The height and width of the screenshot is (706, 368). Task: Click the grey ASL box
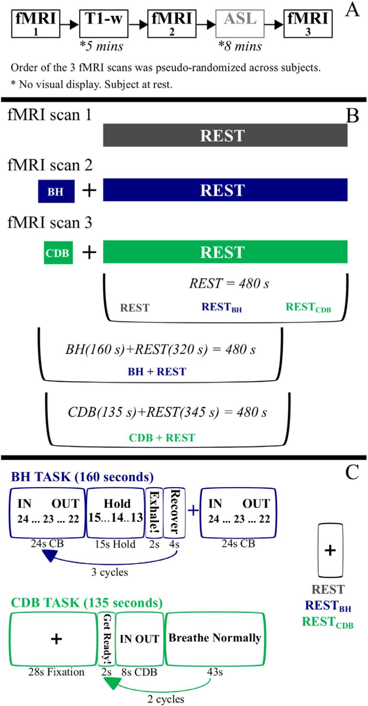pyautogui.click(x=240, y=24)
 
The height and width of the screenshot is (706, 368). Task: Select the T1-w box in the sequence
pyautogui.click(x=103, y=24)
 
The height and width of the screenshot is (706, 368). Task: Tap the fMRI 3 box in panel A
pyautogui.click(x=308, y=24)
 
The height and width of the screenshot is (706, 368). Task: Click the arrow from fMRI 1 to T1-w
pyautogui.click(x=69, y=24)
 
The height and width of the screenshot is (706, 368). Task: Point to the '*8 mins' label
pyautogui.click(x=240, y=46)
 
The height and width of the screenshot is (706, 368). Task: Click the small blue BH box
pyautogui.click(x=56, y=191)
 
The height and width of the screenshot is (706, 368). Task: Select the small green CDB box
pyautogui.click(x=58, y=253)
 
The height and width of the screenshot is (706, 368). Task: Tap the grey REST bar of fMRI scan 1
pyautogui.click(x=225, y=135)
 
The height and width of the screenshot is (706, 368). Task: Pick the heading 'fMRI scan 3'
pyautogui.click(x=50, y=222)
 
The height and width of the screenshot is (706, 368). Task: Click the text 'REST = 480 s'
pyautogui.click(x=229, y=283)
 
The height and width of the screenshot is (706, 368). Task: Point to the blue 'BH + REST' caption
pyautogui.click(x=157, y=371)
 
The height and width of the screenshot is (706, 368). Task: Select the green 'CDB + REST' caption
pyautogui.click(x=162, y=437)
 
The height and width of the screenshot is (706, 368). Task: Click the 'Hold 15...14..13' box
pyautogui.click(x=116, y=512)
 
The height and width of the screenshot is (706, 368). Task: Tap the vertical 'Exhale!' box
pyautogui.click(x=154, y=512)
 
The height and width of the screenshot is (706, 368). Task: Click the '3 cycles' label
pyautogui.click(x=109, y=572)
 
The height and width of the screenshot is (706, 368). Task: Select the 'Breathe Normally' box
pyautogui.click(x=215, y=639)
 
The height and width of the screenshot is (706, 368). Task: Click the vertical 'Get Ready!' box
pyautogui.click(x=107, y=639)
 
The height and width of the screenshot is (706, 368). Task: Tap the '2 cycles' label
pyautogui.click(x=166, y=699)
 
